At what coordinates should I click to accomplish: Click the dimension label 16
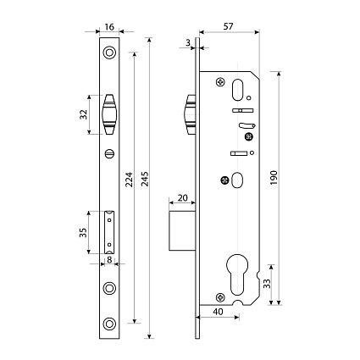(x=109, y=27)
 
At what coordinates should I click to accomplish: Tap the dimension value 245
(x=145, y=179)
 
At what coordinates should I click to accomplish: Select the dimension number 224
(x=129, y=180)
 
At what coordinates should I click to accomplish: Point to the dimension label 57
(x=228, y=26)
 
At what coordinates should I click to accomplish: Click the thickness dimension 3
(x=188, y=42)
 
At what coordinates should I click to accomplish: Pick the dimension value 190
(x=274, y=178)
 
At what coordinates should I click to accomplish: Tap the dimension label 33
(x=267, y=284)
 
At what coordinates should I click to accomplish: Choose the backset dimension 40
(x=218, y=312)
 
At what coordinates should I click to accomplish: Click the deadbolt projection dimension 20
(x=182, y=197)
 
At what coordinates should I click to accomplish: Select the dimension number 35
(x=83, y=233)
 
